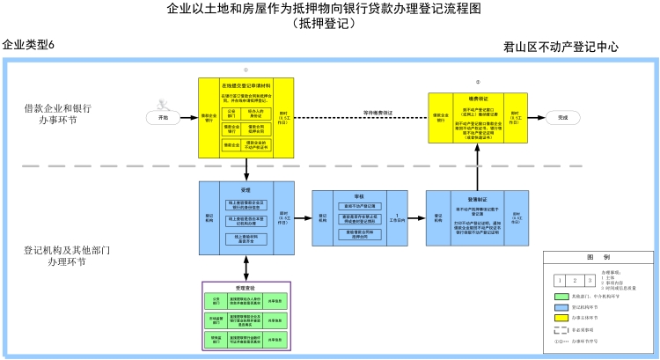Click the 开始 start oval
click(x=162, y=117)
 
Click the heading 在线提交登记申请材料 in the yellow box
click(x=246, y=85)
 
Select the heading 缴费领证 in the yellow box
click(x=479, y=99)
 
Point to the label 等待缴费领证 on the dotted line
click(x=378, y=113)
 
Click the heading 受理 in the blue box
click(x=246, y=189)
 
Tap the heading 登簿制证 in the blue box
click(x=478, y=199)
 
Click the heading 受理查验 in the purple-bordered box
click(x=246, y=287)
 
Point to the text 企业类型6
click(x=28, y=45)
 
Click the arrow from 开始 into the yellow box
click(x=188, y=117)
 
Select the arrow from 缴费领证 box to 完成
click(x=536, y=117)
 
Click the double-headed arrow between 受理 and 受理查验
click(x=246, y=269)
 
